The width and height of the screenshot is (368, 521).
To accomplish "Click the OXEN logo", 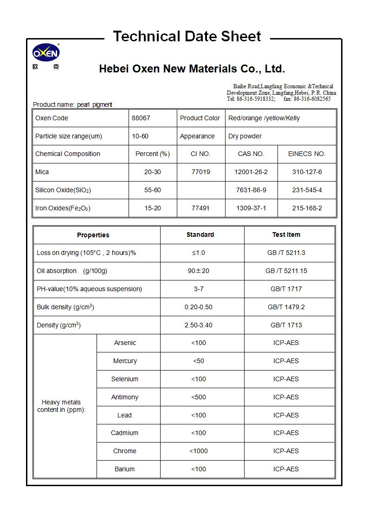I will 45,54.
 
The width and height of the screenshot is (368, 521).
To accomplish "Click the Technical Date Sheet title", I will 187,36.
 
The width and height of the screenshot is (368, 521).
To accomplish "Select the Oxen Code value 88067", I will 141,118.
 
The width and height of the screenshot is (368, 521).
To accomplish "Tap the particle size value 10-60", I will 140,136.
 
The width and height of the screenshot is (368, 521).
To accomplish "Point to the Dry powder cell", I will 245,136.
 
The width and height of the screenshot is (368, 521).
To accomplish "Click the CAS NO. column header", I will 251,154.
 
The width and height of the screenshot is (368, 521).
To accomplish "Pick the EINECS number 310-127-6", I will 307,172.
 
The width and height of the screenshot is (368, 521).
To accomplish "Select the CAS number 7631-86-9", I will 251,190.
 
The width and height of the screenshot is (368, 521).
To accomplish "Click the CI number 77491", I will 200,208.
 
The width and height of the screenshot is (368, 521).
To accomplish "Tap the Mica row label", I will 42,172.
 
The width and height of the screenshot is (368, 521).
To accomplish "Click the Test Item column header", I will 286,234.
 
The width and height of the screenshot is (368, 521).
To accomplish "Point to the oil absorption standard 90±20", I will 199,271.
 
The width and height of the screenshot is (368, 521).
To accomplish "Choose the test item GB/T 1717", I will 286,289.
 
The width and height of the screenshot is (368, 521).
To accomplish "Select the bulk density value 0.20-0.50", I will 199,307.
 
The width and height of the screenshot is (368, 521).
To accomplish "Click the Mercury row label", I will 125,361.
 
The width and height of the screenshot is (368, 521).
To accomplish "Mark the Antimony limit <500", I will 199,397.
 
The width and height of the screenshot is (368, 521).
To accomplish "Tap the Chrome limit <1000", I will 199,451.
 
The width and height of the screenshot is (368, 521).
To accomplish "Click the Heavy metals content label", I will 61,406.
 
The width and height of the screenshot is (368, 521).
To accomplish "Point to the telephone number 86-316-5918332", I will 256,99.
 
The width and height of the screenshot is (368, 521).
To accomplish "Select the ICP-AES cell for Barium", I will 286,469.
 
